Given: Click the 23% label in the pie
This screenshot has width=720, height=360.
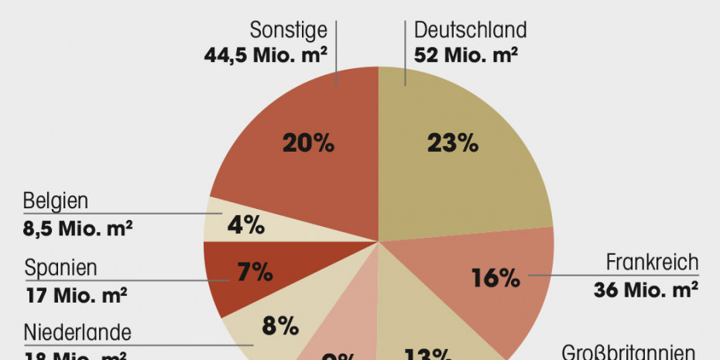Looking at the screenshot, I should tap(453, 142).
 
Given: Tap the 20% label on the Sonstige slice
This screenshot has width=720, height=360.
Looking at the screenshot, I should tap(307, 142).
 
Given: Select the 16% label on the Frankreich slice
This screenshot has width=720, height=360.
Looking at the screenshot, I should tap(495, 278).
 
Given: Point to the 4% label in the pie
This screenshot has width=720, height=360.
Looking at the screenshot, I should tap(246, 226).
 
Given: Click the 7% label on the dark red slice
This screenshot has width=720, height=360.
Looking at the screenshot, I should tap(255, 272).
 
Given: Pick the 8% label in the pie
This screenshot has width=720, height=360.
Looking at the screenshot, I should tap(279, 326).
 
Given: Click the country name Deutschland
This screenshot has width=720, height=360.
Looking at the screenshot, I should tap(471, 30).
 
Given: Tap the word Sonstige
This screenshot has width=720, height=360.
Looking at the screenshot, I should tap(289, 30).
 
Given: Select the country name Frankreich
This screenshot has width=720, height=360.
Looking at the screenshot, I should tap(652, 262).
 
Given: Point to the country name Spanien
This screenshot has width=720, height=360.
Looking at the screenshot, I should tap(60, 269).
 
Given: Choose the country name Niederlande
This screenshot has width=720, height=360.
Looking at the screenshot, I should tap(77, 334).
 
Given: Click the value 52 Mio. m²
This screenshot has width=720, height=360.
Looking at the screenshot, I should tap(466, 56).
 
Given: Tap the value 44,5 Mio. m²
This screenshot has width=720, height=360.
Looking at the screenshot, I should tap(266, 56).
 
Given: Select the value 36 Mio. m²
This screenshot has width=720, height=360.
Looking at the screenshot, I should tap(646, 290).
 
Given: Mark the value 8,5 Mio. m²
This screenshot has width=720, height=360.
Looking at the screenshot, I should tap(77, 228).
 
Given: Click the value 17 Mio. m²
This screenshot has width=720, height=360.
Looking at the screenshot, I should tap(76, 296).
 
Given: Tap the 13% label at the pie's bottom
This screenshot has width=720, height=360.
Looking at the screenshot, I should tap(427, 355).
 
